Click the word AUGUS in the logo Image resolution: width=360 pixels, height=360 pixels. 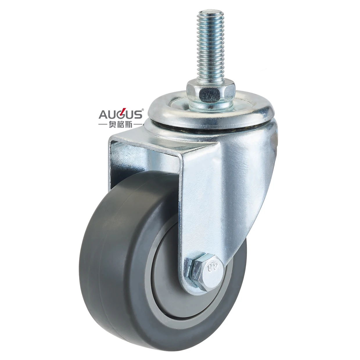120,114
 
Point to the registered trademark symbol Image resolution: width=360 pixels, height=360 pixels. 142,110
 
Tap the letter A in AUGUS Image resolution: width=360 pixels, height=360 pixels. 103,115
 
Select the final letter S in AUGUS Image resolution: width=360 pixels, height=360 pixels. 138,115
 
